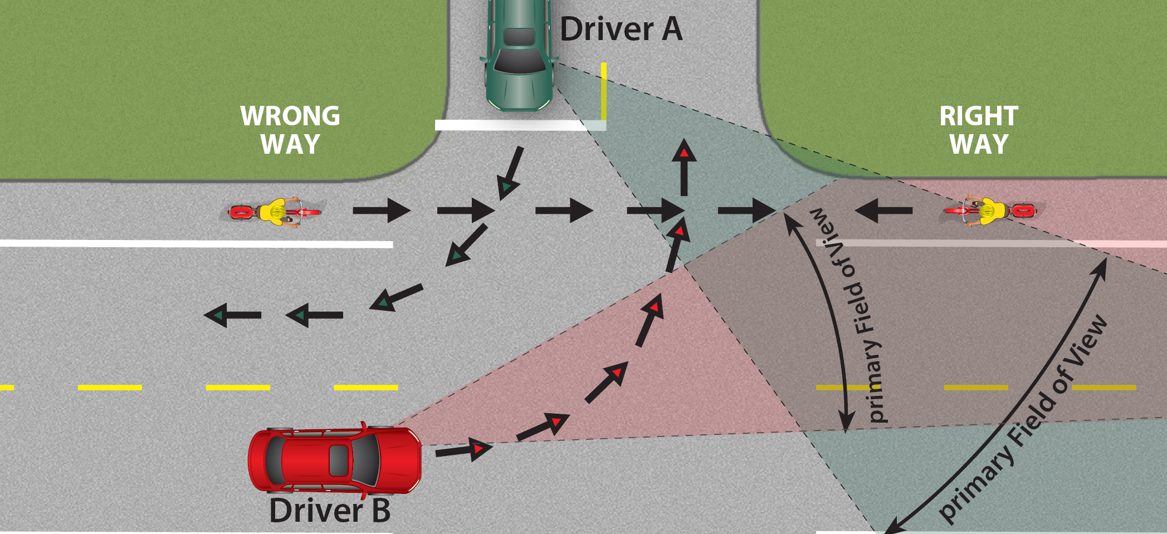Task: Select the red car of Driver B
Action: [x=334, y=460]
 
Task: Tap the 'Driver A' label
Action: [x=621, y=29]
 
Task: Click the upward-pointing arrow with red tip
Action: [x=683, y=167]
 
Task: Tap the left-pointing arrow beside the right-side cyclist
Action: [x=883, y=210]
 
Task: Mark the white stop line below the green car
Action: [x=512, y=125]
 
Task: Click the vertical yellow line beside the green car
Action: [x=604, y=92]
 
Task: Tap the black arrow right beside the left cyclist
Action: [x=382, y=210]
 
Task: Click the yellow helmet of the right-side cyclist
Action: [x=988, y=211]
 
